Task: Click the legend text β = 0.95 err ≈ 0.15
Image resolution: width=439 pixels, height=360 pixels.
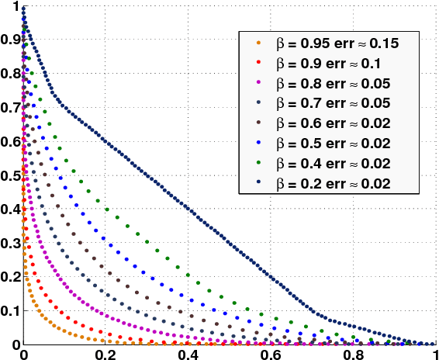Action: pyautogui.click(x=337, y=44)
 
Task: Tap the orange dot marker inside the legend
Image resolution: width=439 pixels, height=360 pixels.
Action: pyautogui.click(x=258, y=44)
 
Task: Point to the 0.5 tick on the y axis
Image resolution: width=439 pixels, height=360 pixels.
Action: pyautogui.click(x=10, y=175)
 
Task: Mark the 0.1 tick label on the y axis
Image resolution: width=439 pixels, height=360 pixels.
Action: pyautogui.click(x=10, y=310)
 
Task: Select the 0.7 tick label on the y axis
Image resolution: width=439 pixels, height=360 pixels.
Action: pyautogui.click(x=10, y=108)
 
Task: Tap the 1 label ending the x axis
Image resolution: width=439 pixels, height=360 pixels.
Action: pyautogui.click(x=434, y=353)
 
